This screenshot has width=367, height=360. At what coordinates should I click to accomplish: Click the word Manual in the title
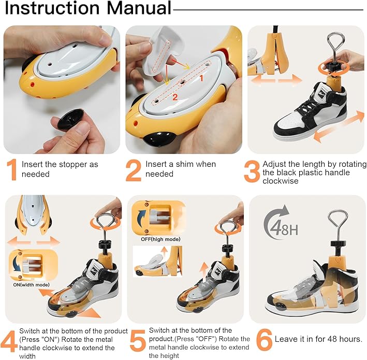139,8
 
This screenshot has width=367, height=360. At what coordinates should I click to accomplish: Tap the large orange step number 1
12,170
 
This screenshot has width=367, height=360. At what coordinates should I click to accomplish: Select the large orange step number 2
134,170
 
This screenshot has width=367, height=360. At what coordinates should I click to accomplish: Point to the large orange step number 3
252,171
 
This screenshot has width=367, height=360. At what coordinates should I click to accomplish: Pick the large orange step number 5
138,341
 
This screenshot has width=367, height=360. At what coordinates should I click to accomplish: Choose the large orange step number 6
264,340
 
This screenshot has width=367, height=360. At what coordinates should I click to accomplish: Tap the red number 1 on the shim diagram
201,78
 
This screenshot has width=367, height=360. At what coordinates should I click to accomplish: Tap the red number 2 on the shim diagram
175,97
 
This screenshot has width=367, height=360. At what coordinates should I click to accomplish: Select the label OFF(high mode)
160,239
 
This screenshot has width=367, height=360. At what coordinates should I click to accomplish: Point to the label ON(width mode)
32,285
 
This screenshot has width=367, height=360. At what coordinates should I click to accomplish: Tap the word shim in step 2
185,164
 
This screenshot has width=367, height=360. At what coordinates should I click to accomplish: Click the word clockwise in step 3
281,181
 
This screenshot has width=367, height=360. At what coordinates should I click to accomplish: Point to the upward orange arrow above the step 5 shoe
205,273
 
